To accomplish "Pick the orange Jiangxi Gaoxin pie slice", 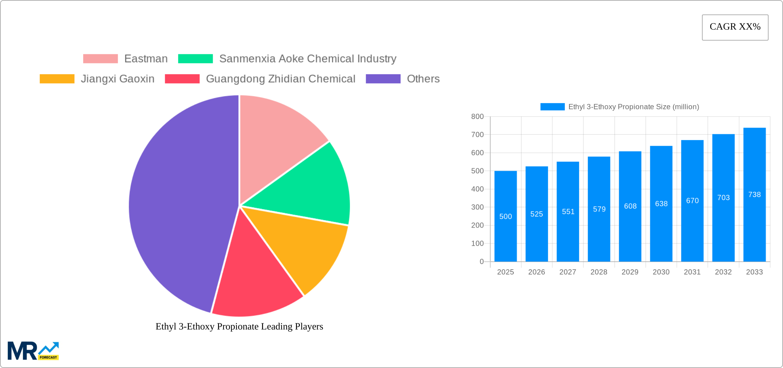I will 302,248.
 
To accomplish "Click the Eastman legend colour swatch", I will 100,59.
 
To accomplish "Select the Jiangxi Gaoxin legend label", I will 117,79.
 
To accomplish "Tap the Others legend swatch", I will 383,79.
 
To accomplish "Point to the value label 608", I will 630,206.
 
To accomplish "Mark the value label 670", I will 692,201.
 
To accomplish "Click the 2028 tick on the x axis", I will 599,272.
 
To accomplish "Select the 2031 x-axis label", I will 692,272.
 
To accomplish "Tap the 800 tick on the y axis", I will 477,117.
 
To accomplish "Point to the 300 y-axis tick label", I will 477,207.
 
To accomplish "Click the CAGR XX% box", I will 735,27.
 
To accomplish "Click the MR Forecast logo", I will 33,351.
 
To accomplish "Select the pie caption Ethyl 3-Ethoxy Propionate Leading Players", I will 239,326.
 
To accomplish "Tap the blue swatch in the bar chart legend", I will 552,107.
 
